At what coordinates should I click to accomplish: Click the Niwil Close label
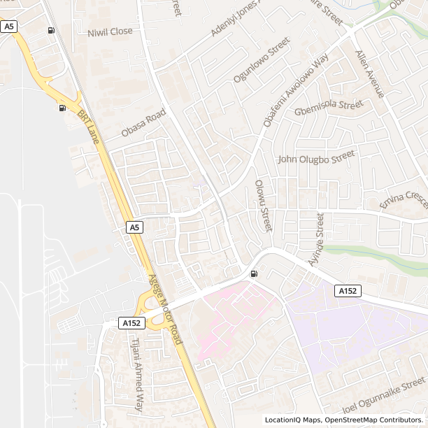click(110, 32)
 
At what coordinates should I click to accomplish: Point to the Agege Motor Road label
click(165, 308)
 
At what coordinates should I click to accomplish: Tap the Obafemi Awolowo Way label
click(296, 92)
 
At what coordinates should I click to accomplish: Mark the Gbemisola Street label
click(329, 108)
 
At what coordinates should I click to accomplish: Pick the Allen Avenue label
click(370, 73)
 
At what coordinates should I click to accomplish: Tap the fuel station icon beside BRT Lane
click(63, 108)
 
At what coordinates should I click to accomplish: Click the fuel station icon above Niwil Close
click(51, 30)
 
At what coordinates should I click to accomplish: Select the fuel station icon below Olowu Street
click(252, 273)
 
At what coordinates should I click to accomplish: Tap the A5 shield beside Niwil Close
click(8, 26)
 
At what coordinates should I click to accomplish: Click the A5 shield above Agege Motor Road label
click(135, 227)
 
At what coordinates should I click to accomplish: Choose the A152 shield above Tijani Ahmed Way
click(131, 322)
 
